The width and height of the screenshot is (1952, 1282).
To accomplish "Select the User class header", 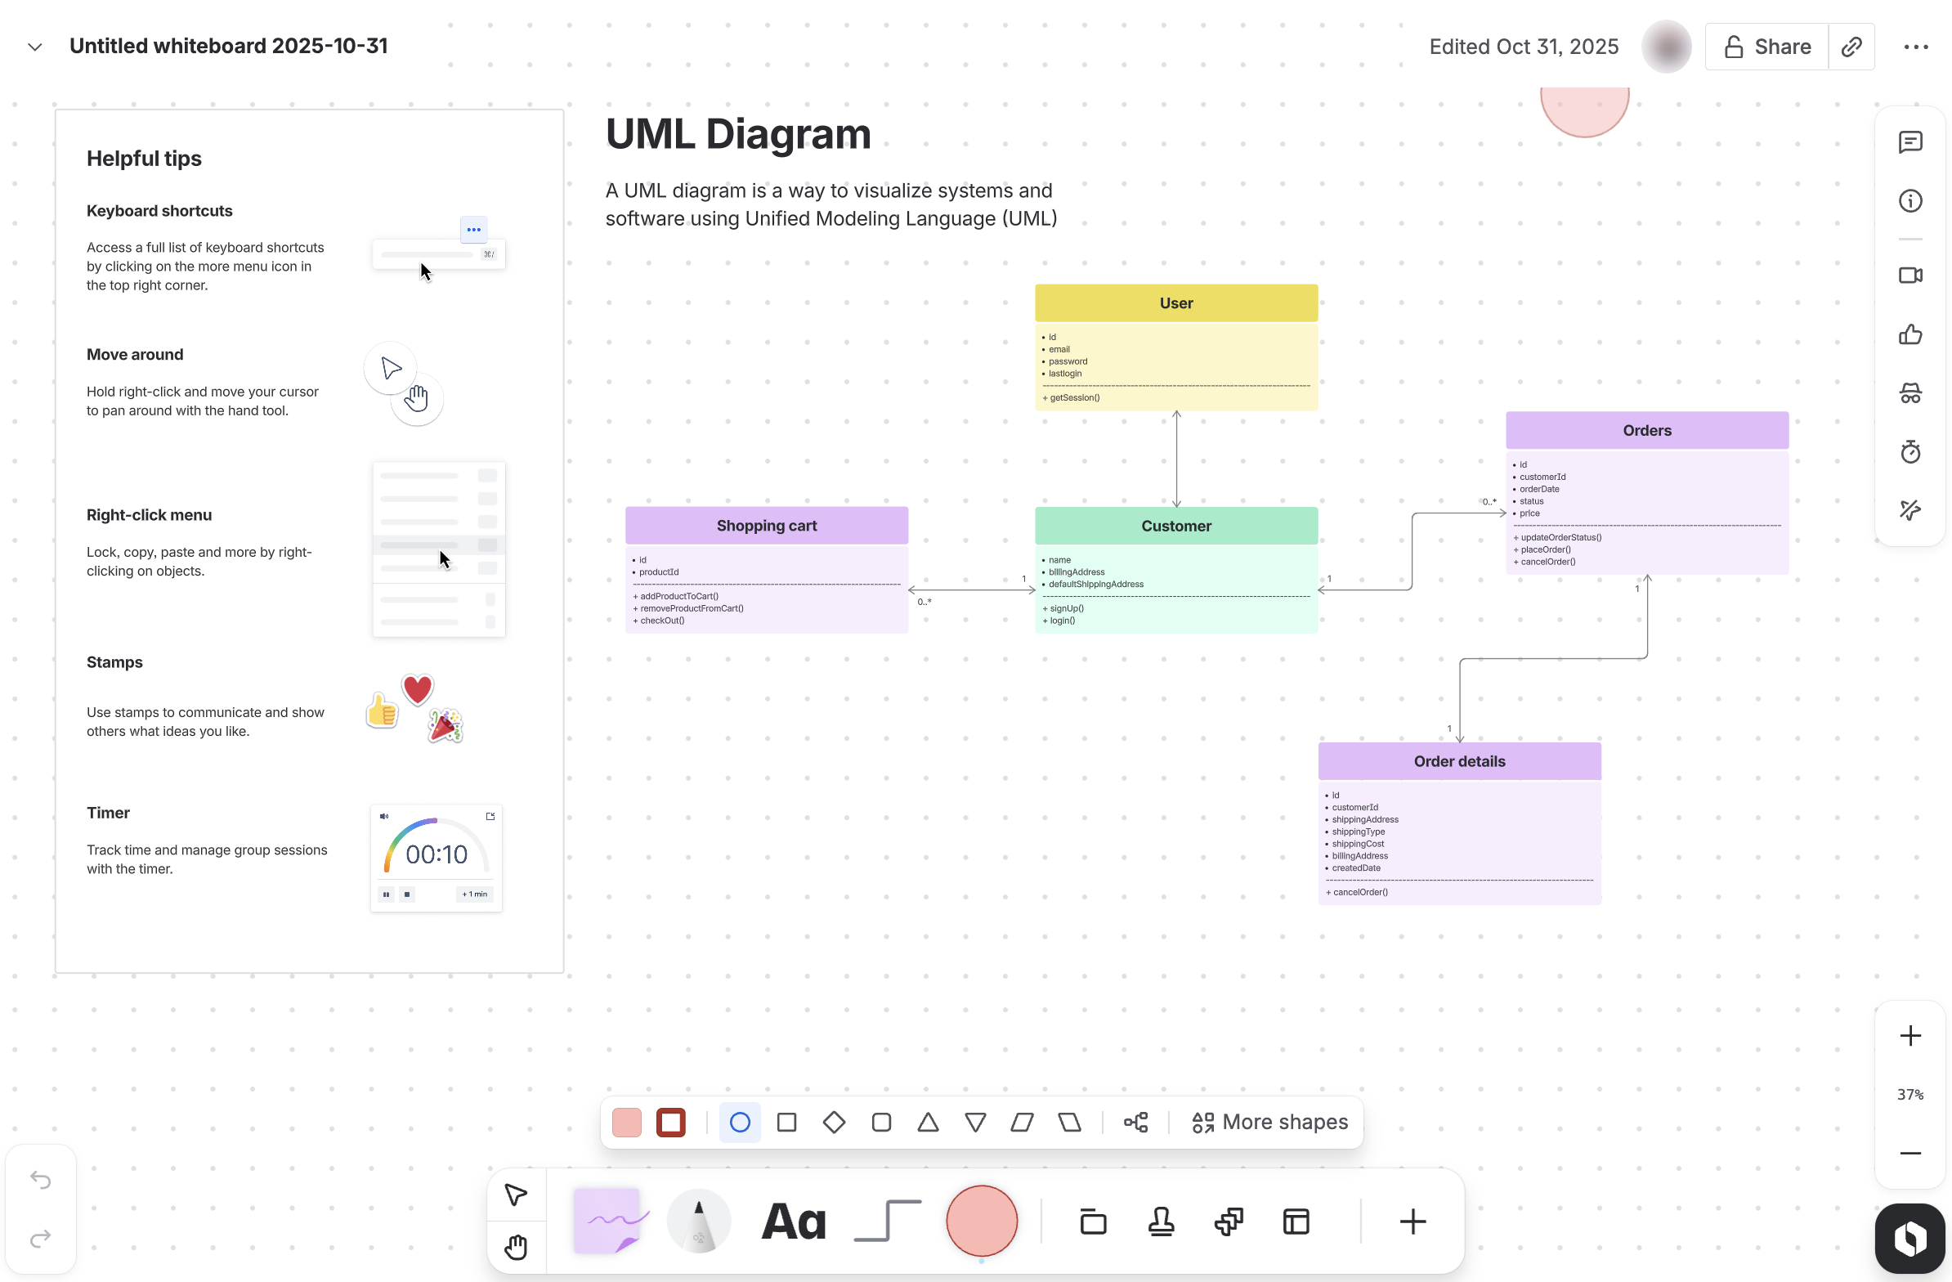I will point(1175,303).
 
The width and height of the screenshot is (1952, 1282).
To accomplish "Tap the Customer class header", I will point(1175,526).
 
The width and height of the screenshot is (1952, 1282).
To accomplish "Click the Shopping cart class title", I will point(766,526).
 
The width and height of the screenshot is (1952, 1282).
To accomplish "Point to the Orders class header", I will point(1646,431).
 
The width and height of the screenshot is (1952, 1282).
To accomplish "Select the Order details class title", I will point(1458,761).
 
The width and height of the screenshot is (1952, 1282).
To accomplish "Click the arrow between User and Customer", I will point(1176,459).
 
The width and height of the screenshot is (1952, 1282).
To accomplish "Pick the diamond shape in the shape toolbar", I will point(833,1122).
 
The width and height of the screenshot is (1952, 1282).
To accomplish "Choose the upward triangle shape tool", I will point(928,1122).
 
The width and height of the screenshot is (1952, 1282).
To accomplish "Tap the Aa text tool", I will point(793,1222).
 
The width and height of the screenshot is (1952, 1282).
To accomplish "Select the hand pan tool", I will point(516,1247).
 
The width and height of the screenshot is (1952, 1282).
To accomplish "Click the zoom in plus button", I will point(1910,1036).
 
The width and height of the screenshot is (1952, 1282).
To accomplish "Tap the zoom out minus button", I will point(1910,1153).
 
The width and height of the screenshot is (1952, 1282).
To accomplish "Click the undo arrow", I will point(40,1181).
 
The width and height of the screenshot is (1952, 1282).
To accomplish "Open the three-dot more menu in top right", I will point(1915,47).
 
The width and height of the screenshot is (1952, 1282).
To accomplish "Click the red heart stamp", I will point(418,689).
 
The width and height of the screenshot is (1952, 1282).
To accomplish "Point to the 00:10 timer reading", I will point(437,854).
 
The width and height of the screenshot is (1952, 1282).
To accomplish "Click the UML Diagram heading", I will point(737,134).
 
